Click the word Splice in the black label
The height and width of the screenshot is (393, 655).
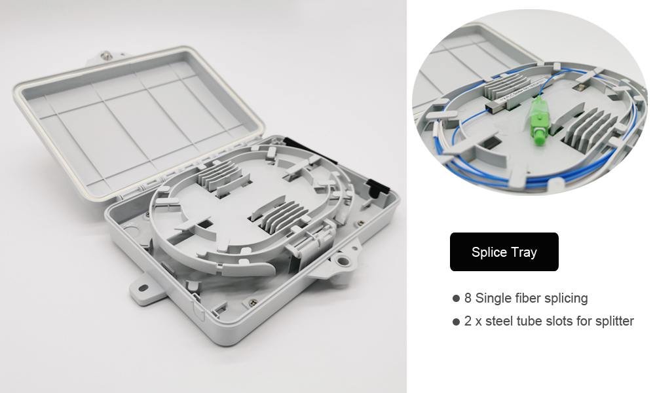coord(489,253)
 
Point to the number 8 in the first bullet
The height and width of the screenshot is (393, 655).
coord(468,298)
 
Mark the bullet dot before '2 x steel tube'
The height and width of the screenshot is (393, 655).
coord(456,322)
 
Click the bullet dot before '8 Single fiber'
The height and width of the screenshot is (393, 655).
coord(456,299)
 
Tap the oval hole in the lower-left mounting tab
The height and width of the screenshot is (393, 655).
coord(143,288)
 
